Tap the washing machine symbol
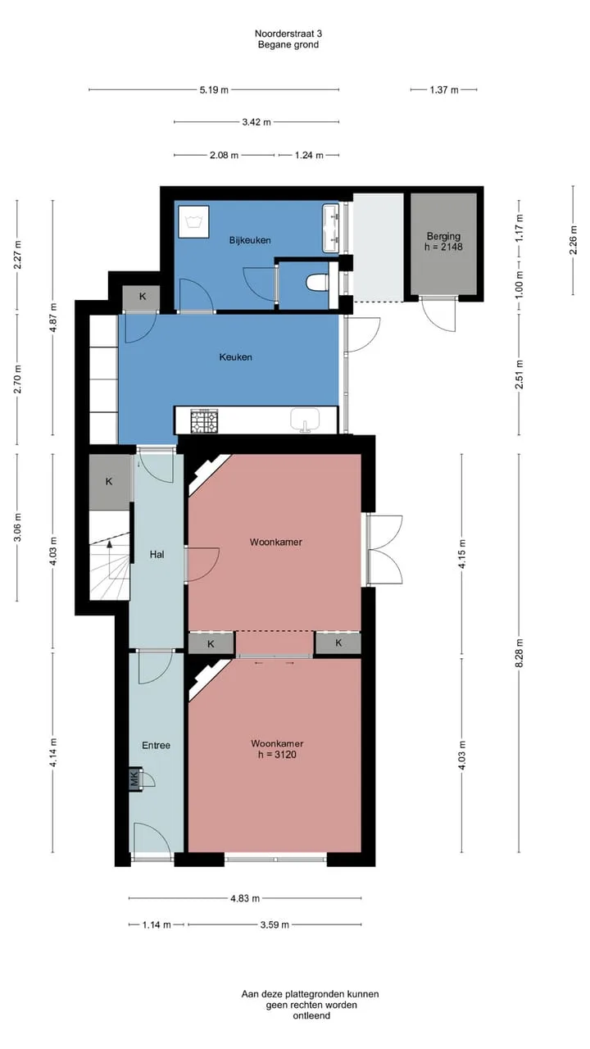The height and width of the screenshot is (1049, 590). tap(193, 221)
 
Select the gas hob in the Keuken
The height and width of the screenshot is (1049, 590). tap(204, 420)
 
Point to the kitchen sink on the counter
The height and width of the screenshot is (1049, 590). tap(305, 420)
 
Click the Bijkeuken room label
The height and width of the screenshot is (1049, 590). tap(250, 240)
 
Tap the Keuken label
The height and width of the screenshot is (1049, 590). tap(235, 357)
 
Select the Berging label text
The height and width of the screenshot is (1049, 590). tap(443, 236)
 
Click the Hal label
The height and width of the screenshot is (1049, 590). tap(157, 555)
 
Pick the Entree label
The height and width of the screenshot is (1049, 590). tap(156, 745)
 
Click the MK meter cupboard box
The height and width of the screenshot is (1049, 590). tap(135, 779)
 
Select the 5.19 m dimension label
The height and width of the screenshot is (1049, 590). tap(214, 90)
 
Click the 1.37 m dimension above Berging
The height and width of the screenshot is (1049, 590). tap(444, 90)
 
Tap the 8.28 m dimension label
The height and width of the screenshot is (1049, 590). tap(520, 653)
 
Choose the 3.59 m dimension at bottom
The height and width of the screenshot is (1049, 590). tap(275, 924)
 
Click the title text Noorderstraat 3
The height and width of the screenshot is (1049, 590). tap(288, 34)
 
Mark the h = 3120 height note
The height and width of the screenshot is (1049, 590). tap(277, 755)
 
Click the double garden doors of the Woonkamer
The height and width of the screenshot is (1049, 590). tap(384, 550)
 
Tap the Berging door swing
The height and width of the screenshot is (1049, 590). tap(438, 314)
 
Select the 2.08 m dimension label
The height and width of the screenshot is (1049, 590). tap(224, 155)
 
